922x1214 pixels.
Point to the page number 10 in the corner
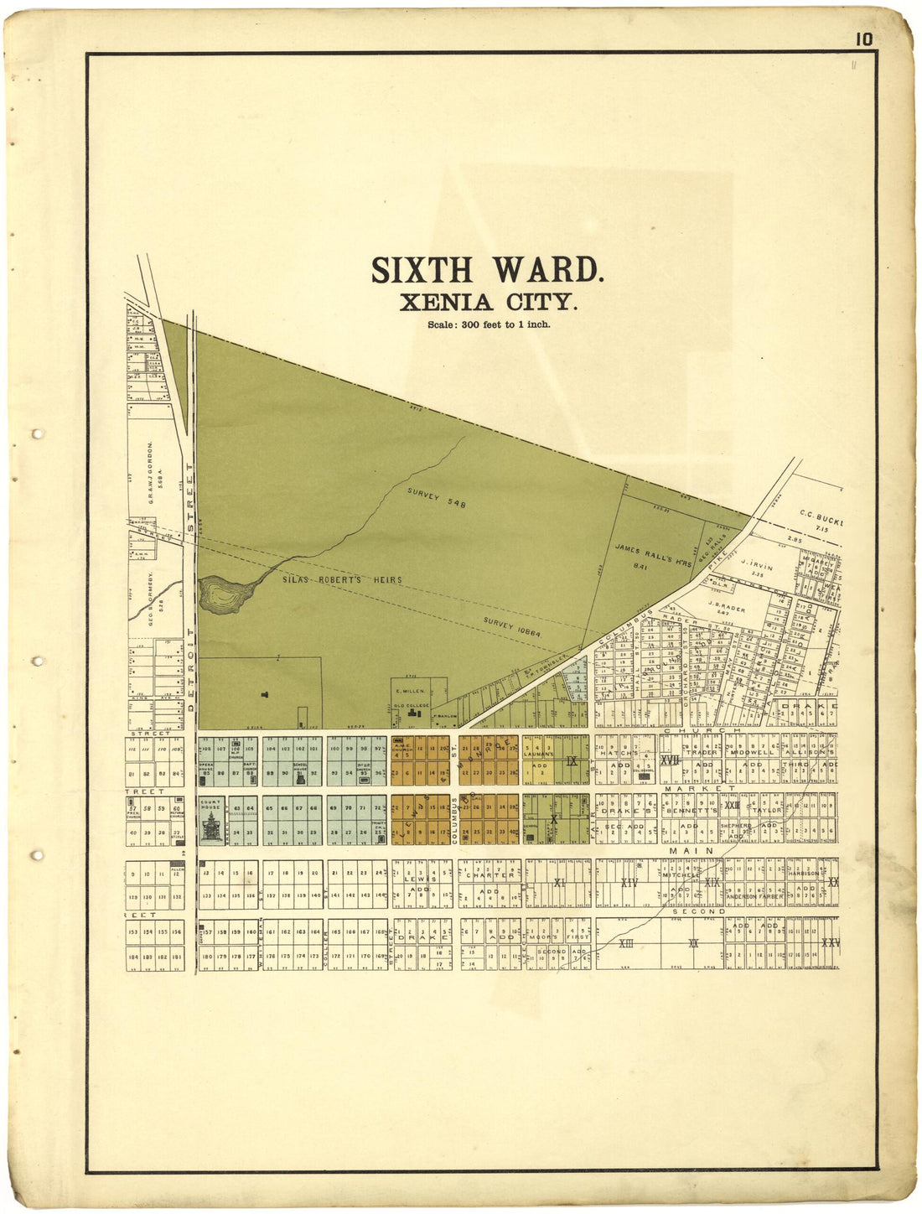[864, 39]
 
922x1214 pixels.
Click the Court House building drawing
[212, 826]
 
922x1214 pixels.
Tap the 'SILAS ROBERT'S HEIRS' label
[343, 579]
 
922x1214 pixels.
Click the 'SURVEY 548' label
[436, 498]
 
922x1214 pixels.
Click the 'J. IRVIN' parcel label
[757, 567]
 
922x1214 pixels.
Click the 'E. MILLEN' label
[411, 691]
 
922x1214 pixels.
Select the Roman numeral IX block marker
[572, 761]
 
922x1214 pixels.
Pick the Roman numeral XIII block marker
[625, 944]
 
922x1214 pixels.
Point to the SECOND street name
[697, 911]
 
